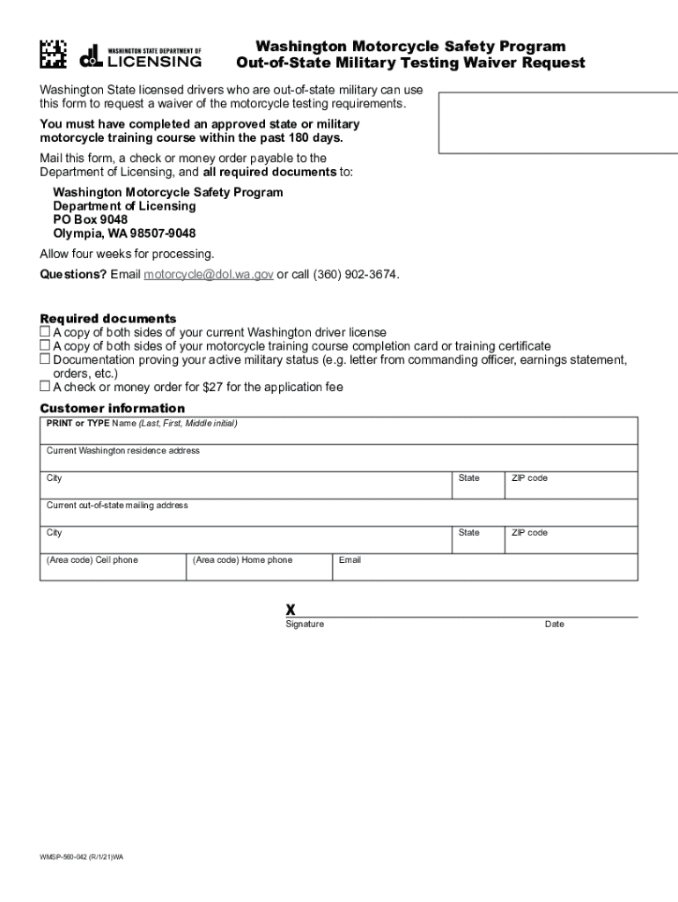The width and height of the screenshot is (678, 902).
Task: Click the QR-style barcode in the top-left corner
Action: pos(53,55)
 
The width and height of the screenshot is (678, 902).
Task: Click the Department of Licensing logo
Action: pos(141,56)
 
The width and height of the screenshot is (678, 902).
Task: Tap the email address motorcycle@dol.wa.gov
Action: pos(209,274)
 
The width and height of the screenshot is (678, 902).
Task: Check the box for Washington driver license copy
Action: pos(45,332)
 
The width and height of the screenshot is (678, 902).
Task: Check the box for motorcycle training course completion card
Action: pos(45,346)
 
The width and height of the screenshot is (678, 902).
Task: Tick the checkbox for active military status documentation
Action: pos(45,359)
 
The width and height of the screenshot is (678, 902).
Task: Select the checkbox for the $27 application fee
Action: pos(45,387)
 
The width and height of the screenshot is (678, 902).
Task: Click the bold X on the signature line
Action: pos(290,610)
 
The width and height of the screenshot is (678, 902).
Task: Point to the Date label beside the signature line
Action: pos(555,625)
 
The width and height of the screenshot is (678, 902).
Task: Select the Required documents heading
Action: pos(108,318)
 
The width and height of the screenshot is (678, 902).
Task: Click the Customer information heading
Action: pos(113,408)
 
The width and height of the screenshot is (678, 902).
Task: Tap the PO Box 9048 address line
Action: pos(90,219)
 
